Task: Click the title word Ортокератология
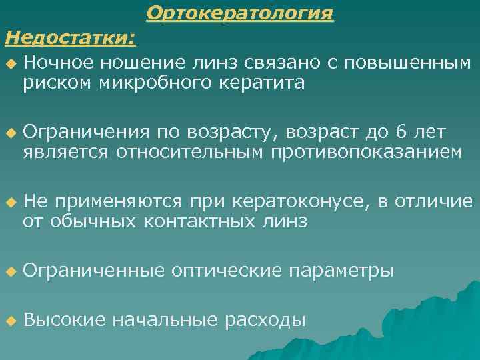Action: pyautogui.click(x=240, y=13)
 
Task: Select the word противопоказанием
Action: pyautogui.click(x=367, y=153)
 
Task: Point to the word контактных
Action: pyautogui.click(x=197, y=221)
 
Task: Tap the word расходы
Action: pyautogui.click(x=265, y=320)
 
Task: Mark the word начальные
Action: pyautogui.click(x=165, y=320)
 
